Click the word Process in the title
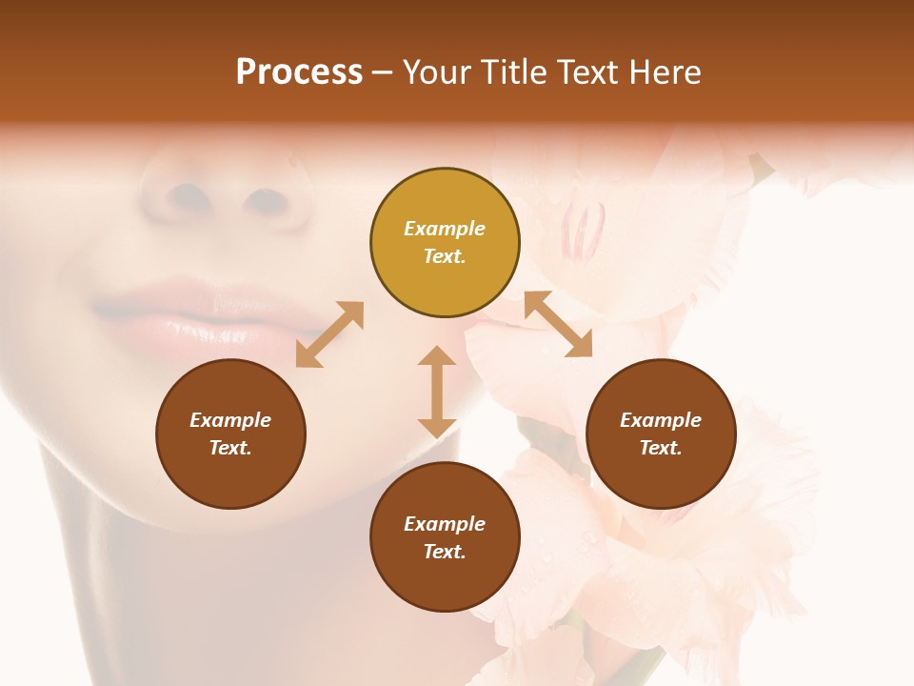pos(299,72)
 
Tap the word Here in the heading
pos(665,72)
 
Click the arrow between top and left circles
pos(329,334)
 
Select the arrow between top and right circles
pos(558,324)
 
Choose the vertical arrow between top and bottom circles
pos(437,392)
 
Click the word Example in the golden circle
pos(445,229)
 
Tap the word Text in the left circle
pos(230,448)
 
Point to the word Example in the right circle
pos(661,420)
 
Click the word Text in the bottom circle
pos(445,552)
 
